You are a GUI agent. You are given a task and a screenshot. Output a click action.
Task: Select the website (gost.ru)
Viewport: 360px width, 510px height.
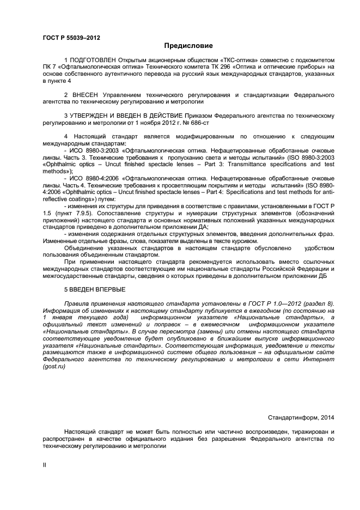(54, 367)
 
